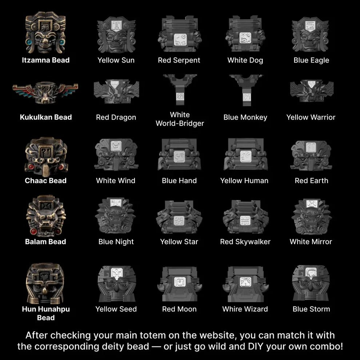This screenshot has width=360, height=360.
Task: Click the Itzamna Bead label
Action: tap(46, 60)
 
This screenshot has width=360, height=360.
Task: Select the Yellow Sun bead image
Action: tap(116, 35)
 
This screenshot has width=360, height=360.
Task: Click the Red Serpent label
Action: tap(179, 60)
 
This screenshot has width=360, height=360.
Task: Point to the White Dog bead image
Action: tap(245, 34)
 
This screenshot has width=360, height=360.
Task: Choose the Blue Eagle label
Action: tap(311, 60)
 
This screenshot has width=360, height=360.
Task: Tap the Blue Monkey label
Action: tap(245, 117)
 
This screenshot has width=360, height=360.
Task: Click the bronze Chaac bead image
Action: tap(46, 157)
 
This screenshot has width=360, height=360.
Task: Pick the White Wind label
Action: tap(116, 181)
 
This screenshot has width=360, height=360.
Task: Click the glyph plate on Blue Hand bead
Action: tap(179, 157)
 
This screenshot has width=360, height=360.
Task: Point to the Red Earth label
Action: tap(312, 181)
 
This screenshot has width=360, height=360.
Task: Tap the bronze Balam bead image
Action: tap(46, 216)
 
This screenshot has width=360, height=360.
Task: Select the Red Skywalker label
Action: tap(245, 242)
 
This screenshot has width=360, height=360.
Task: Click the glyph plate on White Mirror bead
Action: tap(312, 204)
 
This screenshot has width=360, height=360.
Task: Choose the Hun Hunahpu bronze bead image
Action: tap(45, 284)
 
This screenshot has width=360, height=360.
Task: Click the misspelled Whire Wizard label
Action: tap(245, 309)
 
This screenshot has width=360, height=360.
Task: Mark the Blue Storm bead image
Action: tap(311, 283)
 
